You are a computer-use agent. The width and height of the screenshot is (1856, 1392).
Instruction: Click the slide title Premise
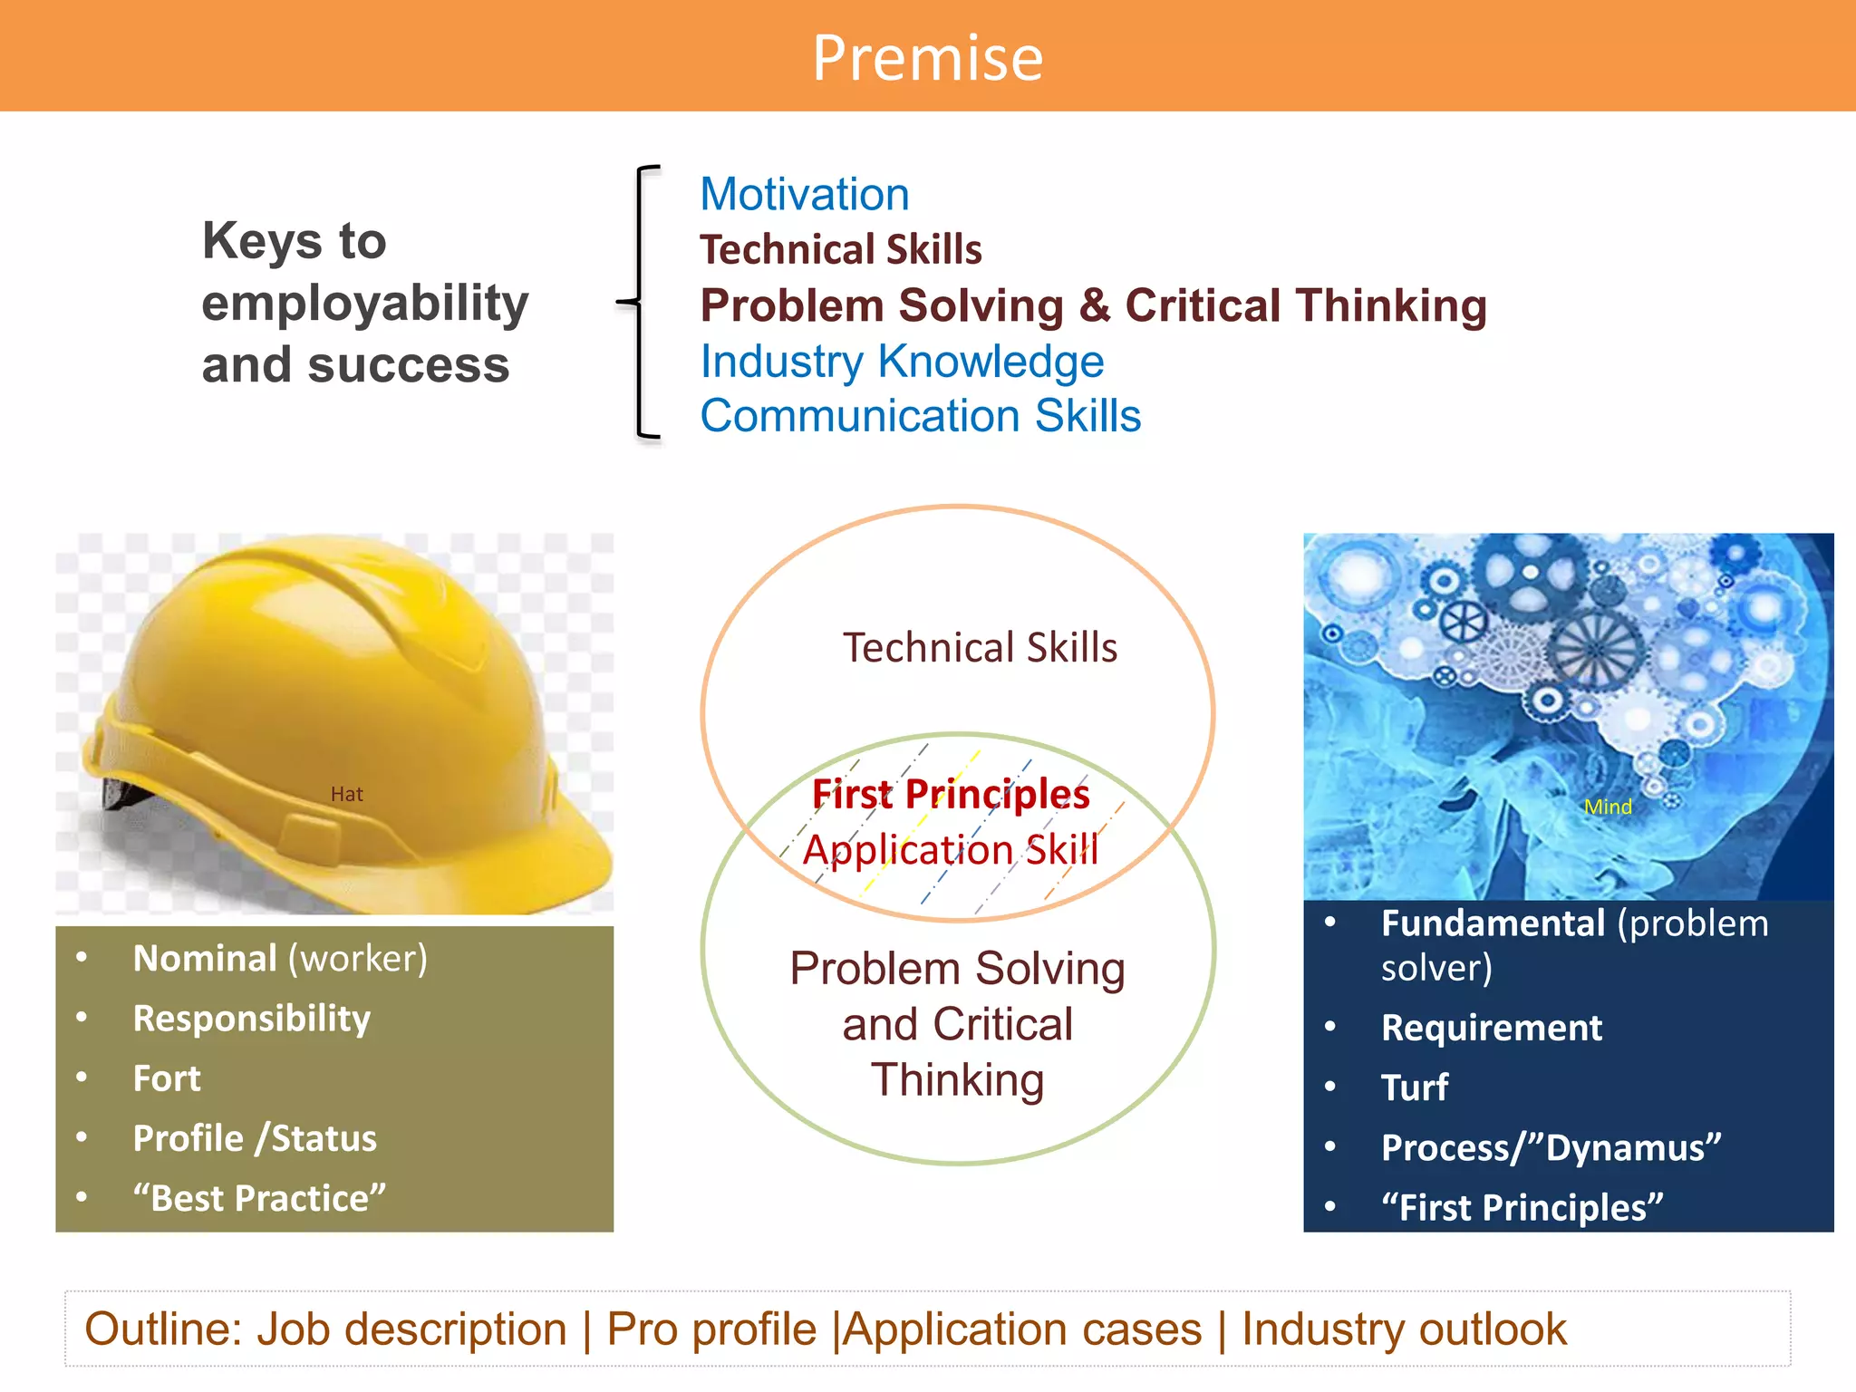(x=927, y=58)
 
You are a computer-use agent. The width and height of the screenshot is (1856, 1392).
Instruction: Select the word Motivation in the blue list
(x=804, y=195)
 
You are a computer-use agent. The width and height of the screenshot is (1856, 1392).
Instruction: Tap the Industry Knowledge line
(x=902, y=362)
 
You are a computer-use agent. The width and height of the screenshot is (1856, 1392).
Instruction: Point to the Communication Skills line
(x=920, y=416)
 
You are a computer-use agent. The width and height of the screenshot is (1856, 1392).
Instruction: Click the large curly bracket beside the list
(x=640, y=302)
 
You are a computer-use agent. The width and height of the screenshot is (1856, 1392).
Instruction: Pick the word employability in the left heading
(x=364, y=304)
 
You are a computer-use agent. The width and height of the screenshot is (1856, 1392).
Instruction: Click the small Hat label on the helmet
(x=346, y=795)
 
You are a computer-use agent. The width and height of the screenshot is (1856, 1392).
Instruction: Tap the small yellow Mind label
(x=1608, y=807)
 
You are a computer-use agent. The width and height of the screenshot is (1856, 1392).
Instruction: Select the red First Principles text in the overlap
(x=951, y=794)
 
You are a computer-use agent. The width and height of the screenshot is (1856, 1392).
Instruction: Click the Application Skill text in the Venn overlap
(x=951, y=850)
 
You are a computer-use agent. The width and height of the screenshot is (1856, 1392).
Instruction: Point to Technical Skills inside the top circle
(x=980, y=648)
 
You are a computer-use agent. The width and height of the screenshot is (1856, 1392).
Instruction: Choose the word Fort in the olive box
(x=167, y=1078)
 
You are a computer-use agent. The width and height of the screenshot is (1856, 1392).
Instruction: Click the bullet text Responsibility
(x=252, y=1019)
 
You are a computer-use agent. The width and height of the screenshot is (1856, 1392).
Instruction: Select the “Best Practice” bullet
(x=259, y=1198)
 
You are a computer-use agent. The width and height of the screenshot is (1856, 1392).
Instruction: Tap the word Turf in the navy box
(x=1415, y=1087)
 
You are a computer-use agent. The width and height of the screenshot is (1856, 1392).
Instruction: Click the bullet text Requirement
(x=1492, y=1028)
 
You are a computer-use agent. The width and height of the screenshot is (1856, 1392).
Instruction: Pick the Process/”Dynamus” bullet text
(x=1551, y=1147)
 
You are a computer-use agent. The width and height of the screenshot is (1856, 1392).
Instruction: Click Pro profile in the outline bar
(x=711, y=1329)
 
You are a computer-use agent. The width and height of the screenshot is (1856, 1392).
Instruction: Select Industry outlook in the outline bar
(x=1404, y=1329)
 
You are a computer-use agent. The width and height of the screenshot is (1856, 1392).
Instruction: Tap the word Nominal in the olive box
(x=205, y=959)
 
